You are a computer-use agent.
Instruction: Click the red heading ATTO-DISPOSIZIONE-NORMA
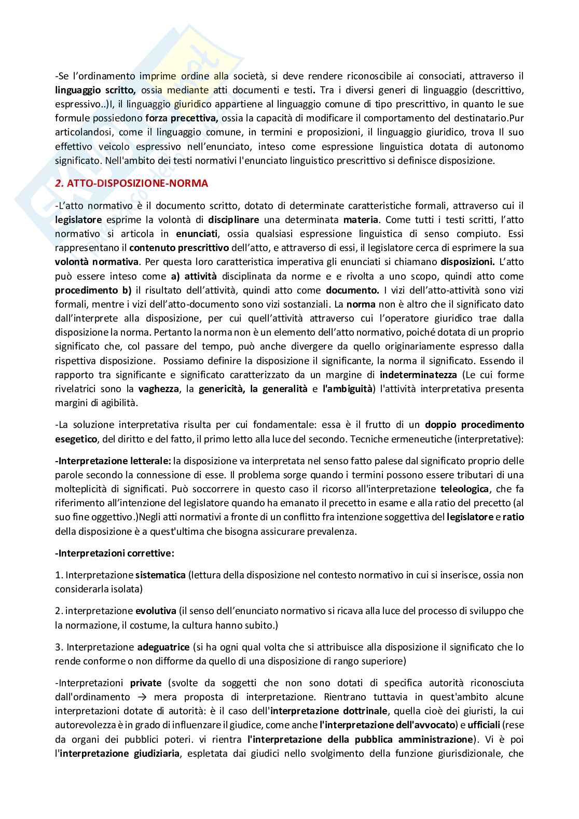pyautogui.click(x=138, y=183)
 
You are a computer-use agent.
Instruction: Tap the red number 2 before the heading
pyautogui.click(x=58, y=183)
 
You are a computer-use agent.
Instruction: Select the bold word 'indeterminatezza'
pyautogui.click(x=418, y=374)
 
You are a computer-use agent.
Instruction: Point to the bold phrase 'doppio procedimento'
pyautogui.click(x=474, y=425)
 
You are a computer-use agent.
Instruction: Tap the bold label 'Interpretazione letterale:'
pyautogui.click(x=114, y=461)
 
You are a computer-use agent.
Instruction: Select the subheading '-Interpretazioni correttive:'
pyautogui.click(x=115, y=553)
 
